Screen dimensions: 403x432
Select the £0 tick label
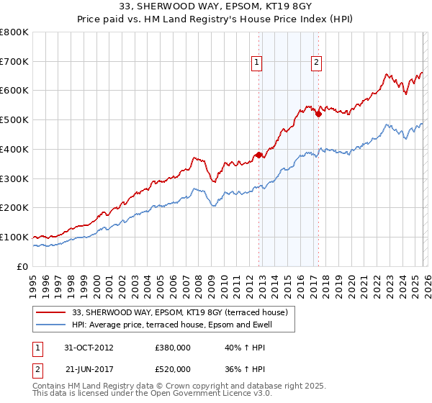(24, 266)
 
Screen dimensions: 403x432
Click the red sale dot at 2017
(318, 114)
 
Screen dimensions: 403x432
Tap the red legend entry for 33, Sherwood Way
(180, 312)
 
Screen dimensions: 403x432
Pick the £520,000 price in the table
(173, 368)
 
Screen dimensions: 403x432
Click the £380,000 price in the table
(173, 347)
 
